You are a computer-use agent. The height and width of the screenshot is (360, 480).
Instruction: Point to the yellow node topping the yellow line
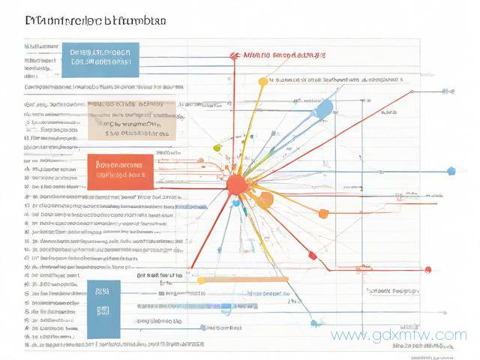coord(262,81)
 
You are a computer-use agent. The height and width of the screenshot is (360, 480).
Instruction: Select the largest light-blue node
coord(322,110)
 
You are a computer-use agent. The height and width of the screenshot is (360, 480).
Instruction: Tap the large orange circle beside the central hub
coord(265,199)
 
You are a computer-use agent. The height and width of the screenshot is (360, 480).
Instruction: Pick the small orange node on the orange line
coord(323,214)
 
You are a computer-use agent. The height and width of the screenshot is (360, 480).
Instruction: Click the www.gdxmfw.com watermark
coord(398,335)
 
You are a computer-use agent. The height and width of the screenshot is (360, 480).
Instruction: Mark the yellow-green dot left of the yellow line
coord(217,147)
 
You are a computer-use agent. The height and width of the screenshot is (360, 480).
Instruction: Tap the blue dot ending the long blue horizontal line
coord(451,171)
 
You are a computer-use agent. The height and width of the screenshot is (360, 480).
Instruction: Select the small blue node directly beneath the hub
coord(235,202)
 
